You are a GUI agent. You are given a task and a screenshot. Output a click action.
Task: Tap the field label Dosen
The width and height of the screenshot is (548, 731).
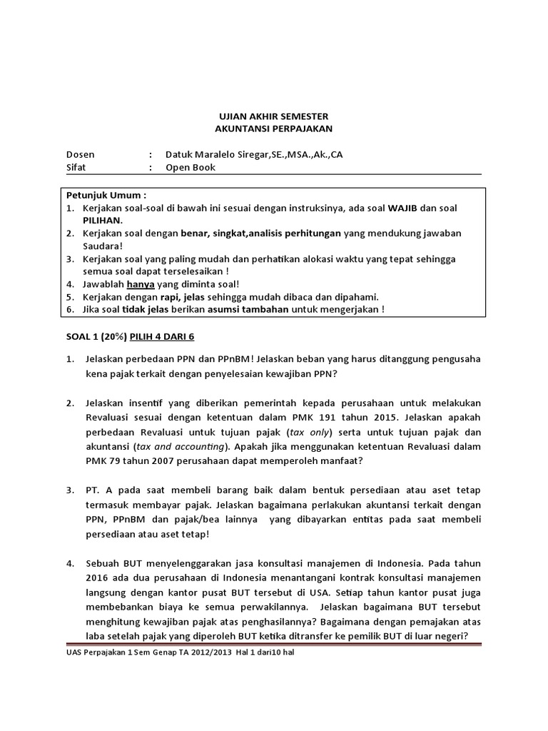[x=80, y=155]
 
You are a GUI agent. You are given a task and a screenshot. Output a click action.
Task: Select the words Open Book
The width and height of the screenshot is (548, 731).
[x=190, y=168]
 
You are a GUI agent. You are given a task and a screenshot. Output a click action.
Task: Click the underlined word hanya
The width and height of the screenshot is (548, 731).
[x=141, y=284]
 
